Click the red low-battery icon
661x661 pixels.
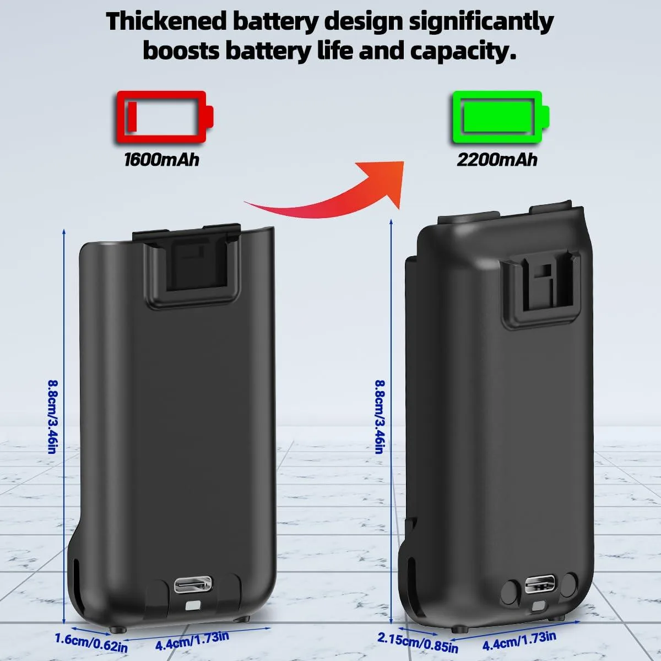165,117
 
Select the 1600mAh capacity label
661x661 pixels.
161,160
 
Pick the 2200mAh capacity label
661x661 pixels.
497,160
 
